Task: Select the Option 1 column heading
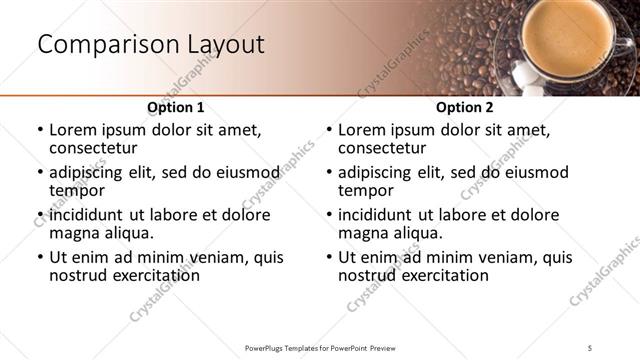pos(176,107)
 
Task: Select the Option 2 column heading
pos(464,107)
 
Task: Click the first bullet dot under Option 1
pos(40,131)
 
